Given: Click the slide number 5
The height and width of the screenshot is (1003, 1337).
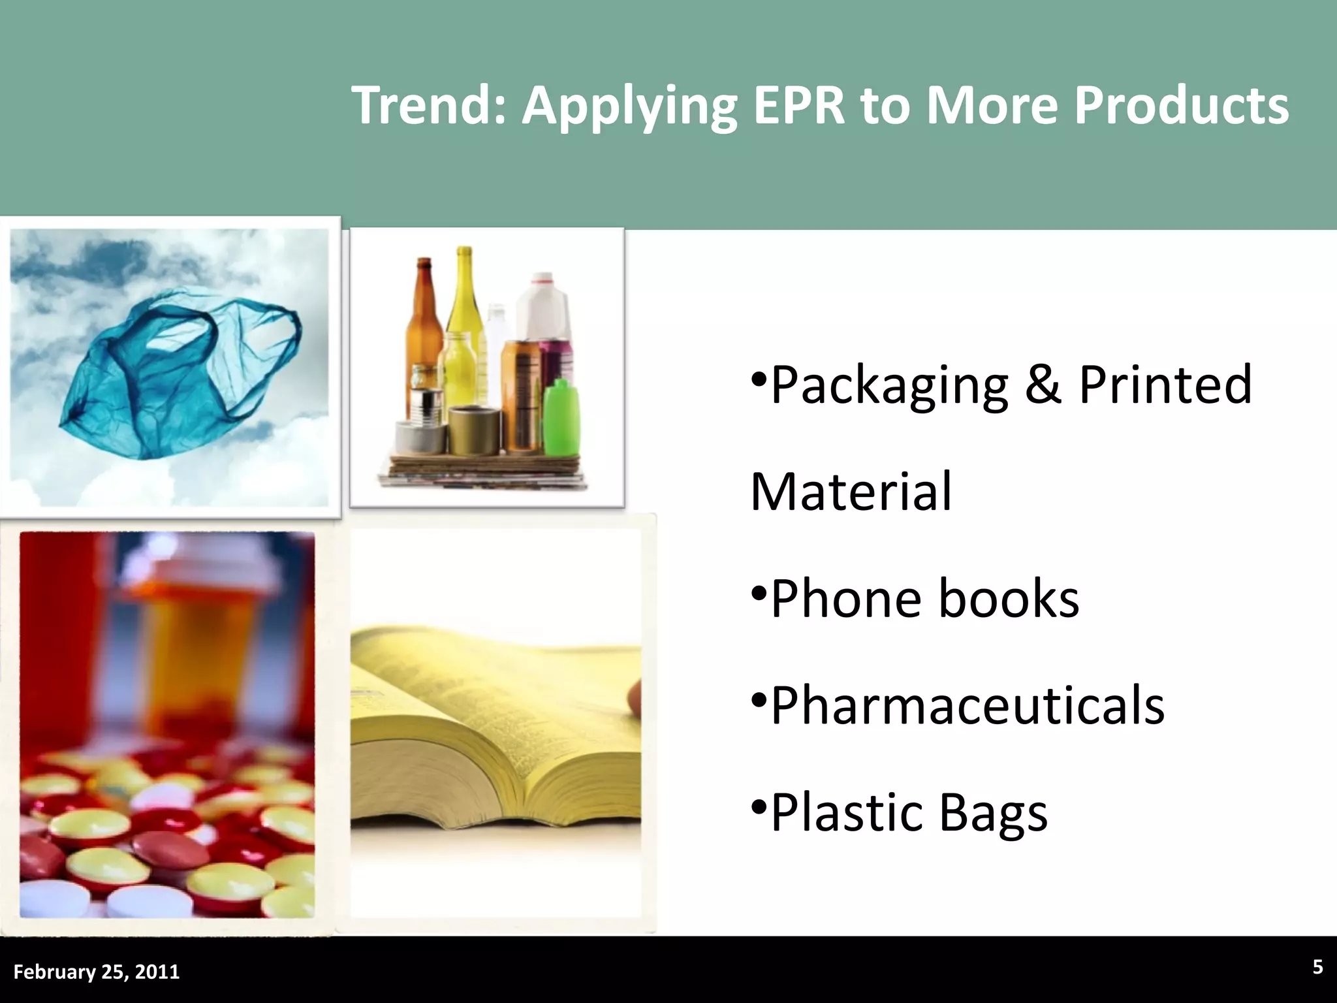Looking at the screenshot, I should pos(1317,968).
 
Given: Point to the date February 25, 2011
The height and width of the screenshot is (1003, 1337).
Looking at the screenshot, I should pos(97,972).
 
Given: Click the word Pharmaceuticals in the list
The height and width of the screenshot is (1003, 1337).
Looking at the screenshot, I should pos(967,706).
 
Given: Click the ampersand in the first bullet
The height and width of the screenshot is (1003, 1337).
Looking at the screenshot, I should pos(1043,385).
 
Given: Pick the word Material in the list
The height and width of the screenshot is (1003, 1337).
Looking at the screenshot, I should pos(851,492).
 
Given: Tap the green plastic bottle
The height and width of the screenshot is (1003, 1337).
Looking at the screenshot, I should pos(561,418).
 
